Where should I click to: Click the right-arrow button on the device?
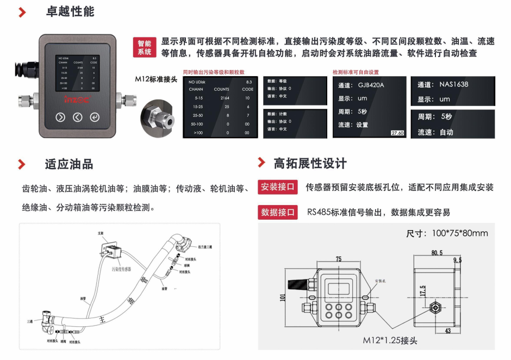[60, 117]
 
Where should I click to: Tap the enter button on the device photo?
[95, 117]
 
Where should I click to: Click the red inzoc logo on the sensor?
[77, 100]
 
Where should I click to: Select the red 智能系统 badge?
[145, 48]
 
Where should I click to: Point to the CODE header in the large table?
[247, 89]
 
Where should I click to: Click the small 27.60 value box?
[397, 133]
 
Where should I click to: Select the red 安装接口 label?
[278, 187]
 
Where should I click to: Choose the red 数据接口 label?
[278, 212]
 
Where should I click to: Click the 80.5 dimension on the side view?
[437, 253]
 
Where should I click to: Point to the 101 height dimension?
[282, 297]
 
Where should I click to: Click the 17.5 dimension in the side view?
[422, 291]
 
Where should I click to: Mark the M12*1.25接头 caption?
[390, 340]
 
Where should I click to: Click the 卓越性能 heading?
[70, 11]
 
